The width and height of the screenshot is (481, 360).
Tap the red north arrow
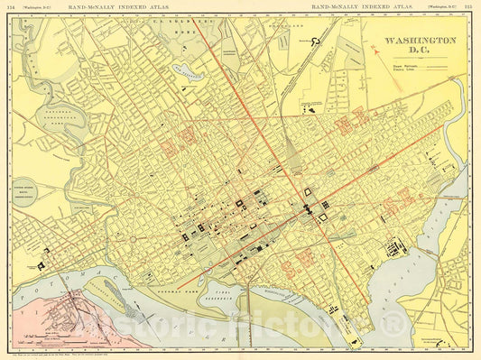(x=373, y=51)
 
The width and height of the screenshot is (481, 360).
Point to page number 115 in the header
(x=467, y=7)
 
